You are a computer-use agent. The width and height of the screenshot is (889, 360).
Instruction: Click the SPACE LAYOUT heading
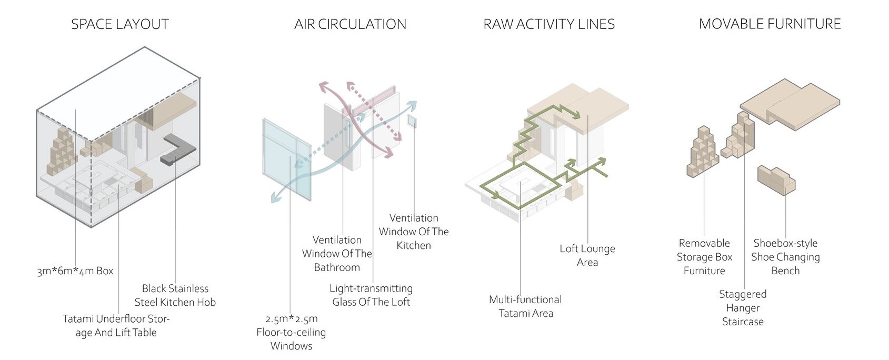click(x=120, y=24)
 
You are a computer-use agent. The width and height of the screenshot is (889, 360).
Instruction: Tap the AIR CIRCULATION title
click(x=350, y=24)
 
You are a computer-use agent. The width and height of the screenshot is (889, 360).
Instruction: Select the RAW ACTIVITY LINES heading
click(x=549, y=24)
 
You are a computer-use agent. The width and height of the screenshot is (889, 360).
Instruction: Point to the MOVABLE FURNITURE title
click(x=770, y=24)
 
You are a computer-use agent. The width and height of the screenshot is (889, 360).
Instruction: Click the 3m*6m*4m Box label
click(x=75, y=271)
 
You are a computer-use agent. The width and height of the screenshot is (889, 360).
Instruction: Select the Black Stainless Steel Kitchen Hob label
click(x=175, y=295)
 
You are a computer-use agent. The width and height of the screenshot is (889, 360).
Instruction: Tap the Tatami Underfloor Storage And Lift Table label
click(x=116, y=326)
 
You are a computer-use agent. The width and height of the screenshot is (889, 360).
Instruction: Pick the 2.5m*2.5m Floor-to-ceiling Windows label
click(x=291, y=332)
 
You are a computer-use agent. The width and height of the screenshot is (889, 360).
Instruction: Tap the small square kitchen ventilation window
click(x=412, y=122)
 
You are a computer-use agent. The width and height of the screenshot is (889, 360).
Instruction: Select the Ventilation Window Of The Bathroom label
click(x=337, y=253)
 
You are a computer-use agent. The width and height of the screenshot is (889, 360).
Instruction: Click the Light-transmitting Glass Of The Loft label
click(x=371, y=295)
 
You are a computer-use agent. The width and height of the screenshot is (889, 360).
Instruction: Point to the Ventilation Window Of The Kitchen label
click(x=414, y=232)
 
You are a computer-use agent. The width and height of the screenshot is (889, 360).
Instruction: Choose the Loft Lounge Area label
click(x=587, y=255)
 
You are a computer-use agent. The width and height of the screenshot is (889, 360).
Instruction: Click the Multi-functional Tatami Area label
click(x=525, y=306)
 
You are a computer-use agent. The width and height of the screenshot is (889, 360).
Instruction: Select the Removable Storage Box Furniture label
click(x=704, y=257)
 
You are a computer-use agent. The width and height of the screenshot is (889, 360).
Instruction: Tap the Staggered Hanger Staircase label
click(x=743, y=308)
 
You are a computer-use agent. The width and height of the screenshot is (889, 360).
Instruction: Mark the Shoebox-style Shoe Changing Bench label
click(x=785, y=257)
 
